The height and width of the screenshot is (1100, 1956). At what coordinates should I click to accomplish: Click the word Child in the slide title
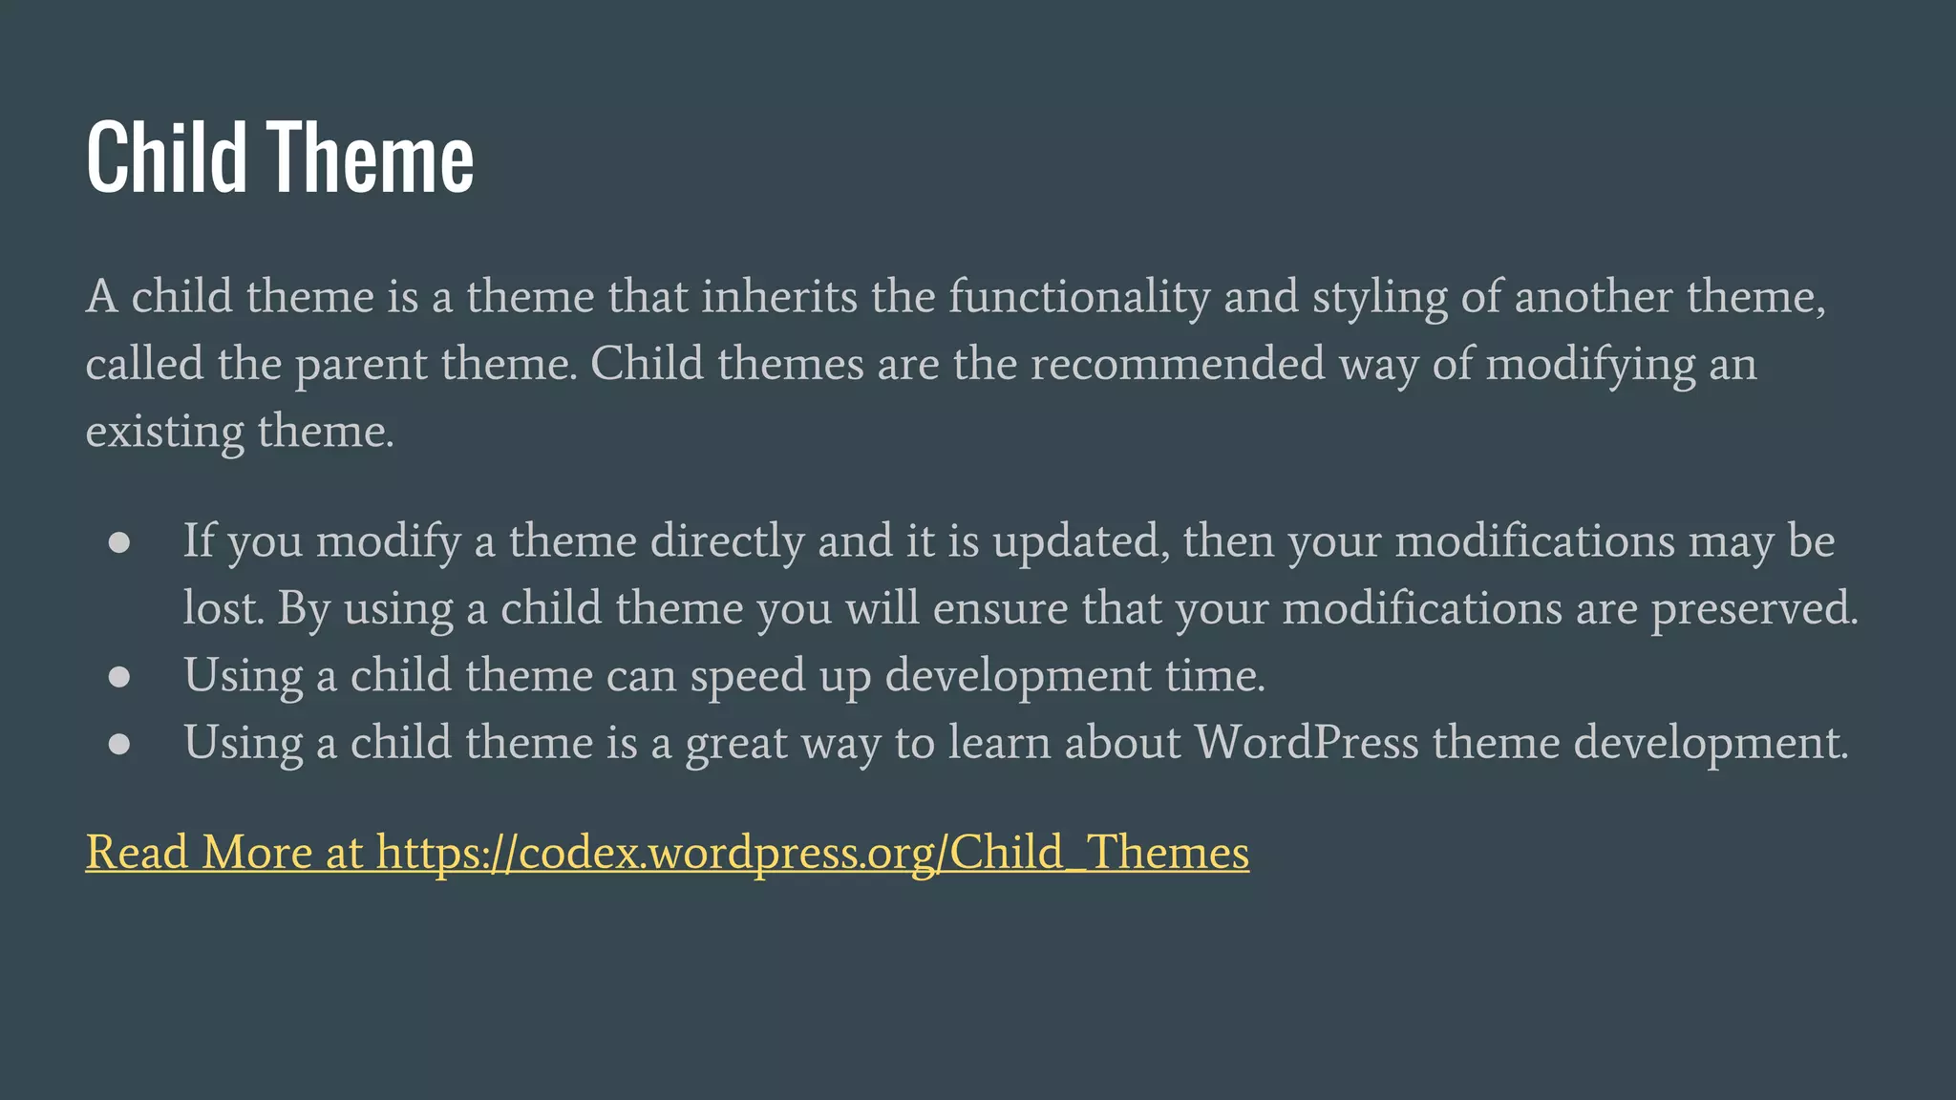[x=167, y=158]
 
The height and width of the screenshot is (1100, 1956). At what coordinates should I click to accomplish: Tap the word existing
[x=164, y=432]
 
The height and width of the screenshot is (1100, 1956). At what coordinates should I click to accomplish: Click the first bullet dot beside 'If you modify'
[x=119, y=542]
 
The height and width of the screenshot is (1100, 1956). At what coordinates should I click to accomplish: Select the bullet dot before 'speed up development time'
[x=119, y=677]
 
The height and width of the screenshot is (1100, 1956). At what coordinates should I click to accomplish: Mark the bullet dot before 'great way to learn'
[x=119, y=744]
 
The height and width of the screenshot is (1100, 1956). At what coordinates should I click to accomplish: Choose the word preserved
[x=1754, y=609]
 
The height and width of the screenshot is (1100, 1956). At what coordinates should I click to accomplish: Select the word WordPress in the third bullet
[x=1307, y=743]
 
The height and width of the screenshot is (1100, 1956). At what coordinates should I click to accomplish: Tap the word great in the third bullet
[x=736, y=744]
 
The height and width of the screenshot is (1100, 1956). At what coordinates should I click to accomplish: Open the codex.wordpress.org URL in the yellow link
[x=812, y=853]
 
